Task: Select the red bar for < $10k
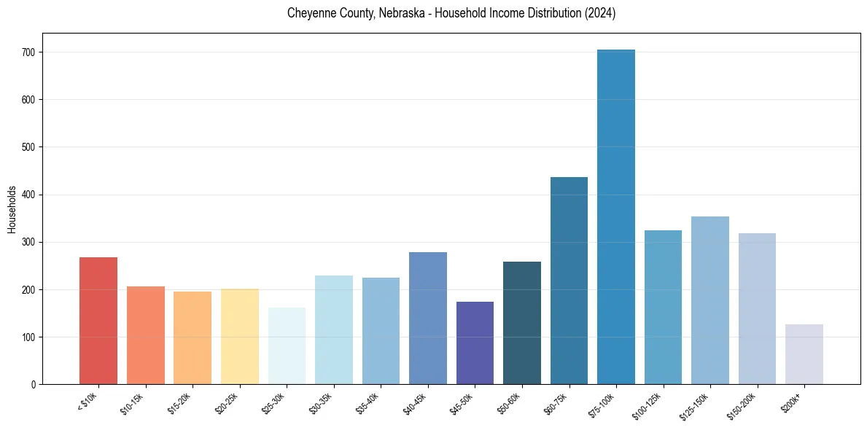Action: click(x=98, y=321)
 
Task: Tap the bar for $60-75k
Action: click(x=569, y=281)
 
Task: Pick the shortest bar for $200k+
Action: click(x=804, y=354)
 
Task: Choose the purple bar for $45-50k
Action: click(x=475, y=343)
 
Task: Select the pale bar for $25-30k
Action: click(x=287, y=346)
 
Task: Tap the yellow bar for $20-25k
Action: click(x=240, y=337)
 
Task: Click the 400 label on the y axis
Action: click(x=34, y=195)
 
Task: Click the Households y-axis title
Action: click(x=12, y=209)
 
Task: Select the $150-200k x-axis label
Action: click(x=742, y=404)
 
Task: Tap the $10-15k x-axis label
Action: click(x=133, y=403)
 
